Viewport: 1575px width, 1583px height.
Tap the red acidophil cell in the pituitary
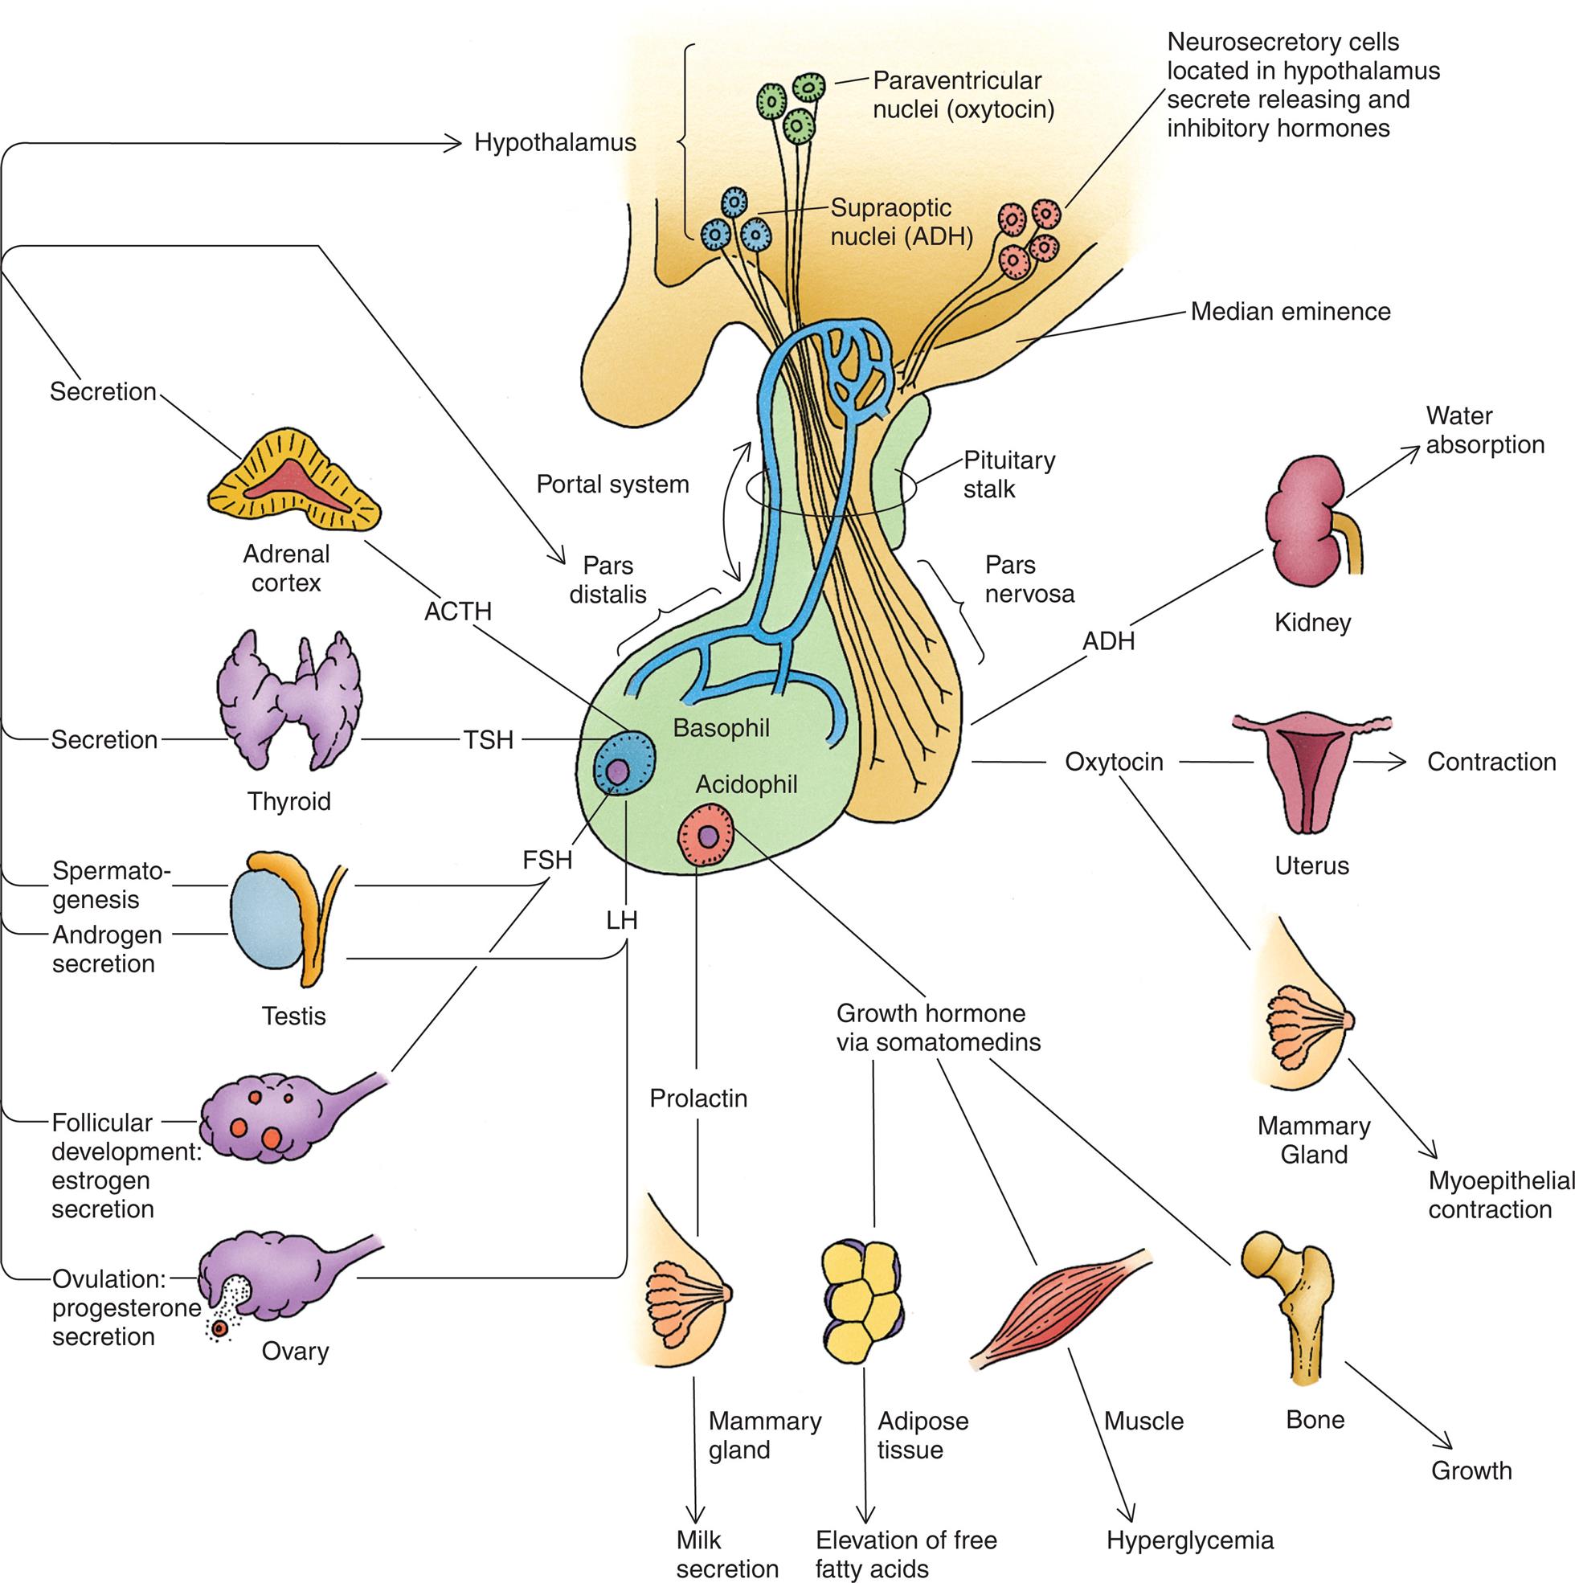tap(707, 836)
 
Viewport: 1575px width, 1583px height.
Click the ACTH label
tap(457, 612)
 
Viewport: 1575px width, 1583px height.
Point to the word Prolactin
tap(698, 1098)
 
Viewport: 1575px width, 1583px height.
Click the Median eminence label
tap(1290, 311)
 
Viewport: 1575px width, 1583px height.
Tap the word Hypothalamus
tap(554, 142)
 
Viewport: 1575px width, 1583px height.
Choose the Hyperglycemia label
tap(1190, 1540)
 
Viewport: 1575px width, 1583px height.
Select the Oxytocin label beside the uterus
tap(1114, 762)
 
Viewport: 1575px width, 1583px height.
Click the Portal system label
tap(612, 484)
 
